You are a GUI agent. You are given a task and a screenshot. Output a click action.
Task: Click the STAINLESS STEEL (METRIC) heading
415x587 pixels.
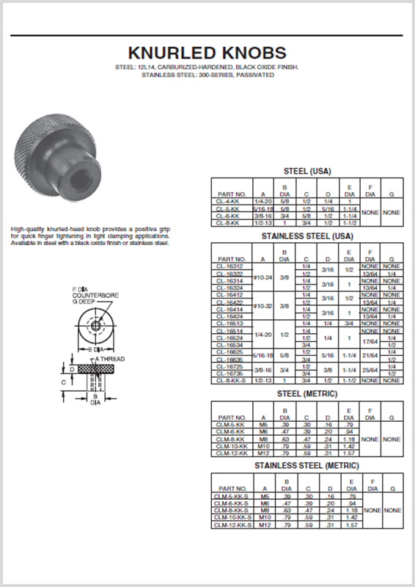coord(306,466)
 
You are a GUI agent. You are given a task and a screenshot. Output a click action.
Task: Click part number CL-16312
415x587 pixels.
coord(231,266)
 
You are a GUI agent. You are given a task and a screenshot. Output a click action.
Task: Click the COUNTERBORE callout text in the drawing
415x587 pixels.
coord(87,293)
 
